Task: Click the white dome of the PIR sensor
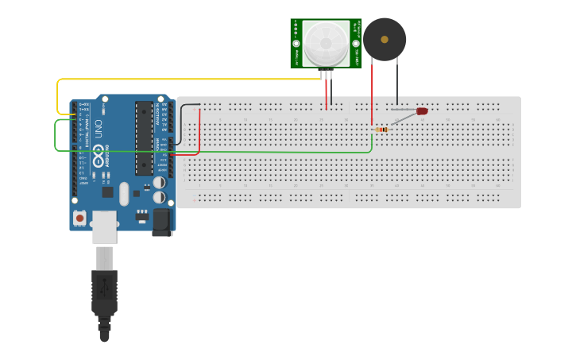[x=327, y=43]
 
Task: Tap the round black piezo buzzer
[x=385, y=39]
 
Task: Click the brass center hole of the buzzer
[x=385, y=38]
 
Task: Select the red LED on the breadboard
[x=421, y=112]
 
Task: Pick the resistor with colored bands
[x=382, y=129]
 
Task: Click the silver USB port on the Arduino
[x=105, y=227]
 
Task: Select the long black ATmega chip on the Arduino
[x=144, y=137]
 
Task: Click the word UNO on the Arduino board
[x=99, y=129]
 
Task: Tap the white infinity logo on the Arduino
[x=99, y=158]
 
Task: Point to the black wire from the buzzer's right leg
[x=396, y=83]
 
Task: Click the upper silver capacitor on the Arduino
[x=160, y=181]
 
